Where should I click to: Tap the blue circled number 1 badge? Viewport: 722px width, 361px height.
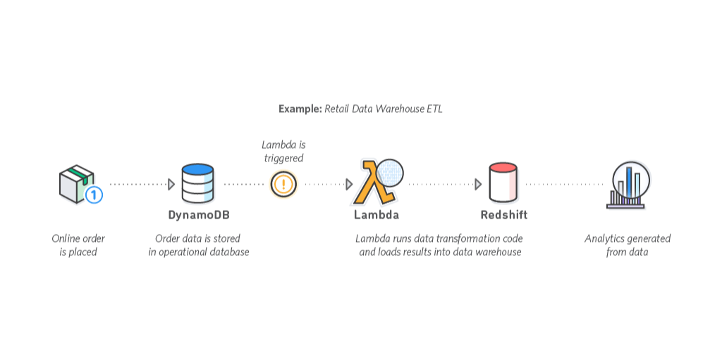pos(94,195)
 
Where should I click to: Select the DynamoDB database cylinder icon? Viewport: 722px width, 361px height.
pos(197,183)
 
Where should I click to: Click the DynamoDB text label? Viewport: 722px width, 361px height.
pos(199,215)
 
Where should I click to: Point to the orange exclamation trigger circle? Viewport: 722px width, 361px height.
pos(283,185)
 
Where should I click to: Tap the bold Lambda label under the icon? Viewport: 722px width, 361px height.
pos(377,215)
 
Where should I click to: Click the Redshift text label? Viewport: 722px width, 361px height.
pos(503,215)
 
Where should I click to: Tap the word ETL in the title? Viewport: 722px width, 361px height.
pos(434,109)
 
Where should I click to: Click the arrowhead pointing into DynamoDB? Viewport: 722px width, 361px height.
pos(171,184)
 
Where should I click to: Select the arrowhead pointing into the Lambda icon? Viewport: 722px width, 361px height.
pos(349,184)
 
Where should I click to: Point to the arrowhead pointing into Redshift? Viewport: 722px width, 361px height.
pos(478,184)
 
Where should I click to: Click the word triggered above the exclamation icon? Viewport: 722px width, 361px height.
pos(283,158)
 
